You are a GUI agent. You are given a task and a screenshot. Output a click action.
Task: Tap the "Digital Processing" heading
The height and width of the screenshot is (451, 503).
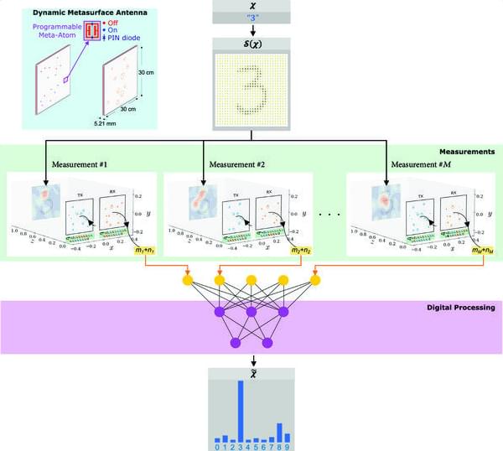coord(457,308)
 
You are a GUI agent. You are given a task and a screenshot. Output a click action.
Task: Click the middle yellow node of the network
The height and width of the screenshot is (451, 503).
coord(251,279)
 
